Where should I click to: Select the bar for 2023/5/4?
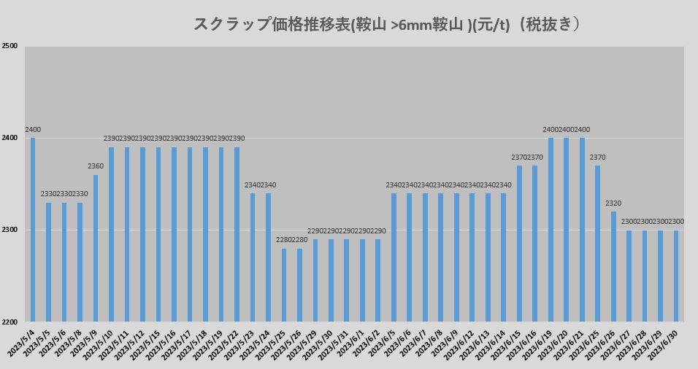point(33,230)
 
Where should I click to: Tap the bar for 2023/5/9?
point(96,248)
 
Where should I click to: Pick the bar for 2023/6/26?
point(613,266)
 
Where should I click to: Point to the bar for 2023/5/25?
point(284,284)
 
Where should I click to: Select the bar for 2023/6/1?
point(362,280)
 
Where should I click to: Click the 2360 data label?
point(96,166)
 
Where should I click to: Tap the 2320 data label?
point(613,203)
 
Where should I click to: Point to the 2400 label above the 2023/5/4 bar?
point(33,130)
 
